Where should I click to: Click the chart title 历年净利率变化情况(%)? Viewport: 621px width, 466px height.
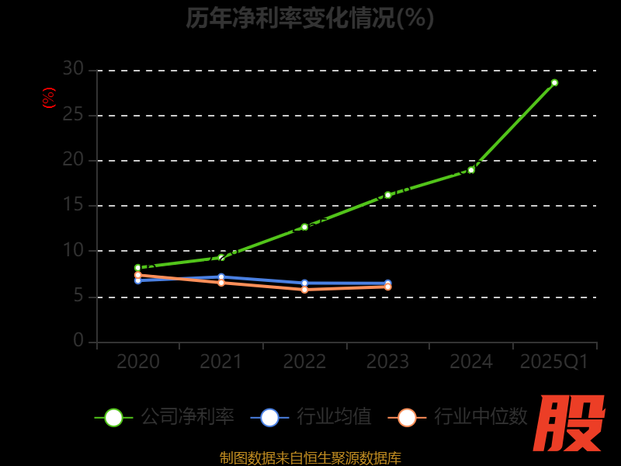coord(310,18)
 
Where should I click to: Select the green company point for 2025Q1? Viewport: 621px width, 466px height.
coord(554,82)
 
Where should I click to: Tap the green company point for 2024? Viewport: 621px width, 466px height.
coord(471,170)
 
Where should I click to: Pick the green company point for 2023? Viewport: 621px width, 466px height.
coord(388,195)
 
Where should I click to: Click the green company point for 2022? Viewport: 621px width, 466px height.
coord(304,227)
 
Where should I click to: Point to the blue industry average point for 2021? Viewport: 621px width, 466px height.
coord(221,276)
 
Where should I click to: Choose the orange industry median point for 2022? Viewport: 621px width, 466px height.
coord(304,289)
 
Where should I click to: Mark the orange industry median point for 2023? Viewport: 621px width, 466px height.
coord(388,287)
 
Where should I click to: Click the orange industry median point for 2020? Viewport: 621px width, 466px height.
coord(138,275)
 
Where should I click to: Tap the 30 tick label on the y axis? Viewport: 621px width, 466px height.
coord(73,69)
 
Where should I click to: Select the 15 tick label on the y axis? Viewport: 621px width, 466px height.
coord(73,205)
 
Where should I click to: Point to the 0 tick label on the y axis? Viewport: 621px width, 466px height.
coord(78,340)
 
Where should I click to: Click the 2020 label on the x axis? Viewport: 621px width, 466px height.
coord(138,362)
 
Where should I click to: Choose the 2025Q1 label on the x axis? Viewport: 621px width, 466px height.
coord(554,362)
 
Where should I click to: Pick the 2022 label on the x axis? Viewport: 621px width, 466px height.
coord(304,362)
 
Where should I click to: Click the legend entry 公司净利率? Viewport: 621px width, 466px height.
coord(165,417)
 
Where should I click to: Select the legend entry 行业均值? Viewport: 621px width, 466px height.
coord(310,417)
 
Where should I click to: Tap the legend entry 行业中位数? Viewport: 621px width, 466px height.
coord(458,417)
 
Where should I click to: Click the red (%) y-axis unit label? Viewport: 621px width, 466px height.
coord(48,98)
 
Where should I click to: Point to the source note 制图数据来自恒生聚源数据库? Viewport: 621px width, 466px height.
coord(310,457)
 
